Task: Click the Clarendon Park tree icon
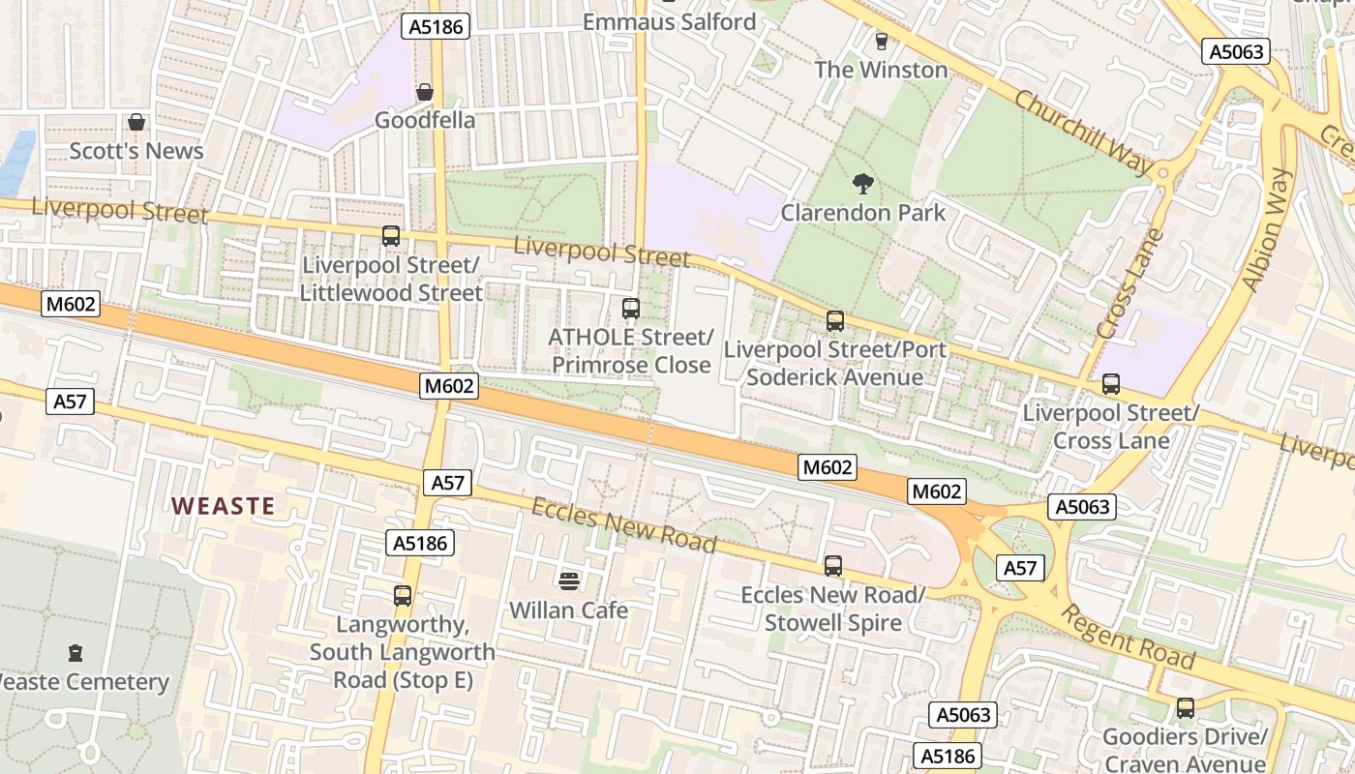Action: coord(862,183)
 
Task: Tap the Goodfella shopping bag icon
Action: coord(424,92)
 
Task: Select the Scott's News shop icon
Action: coord(136,122)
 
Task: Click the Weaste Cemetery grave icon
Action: coord(75,653)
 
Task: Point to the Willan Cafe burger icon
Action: coord(569,580)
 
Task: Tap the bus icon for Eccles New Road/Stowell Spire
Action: coord(833,566)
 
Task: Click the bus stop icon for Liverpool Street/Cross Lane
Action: coord(1110,384)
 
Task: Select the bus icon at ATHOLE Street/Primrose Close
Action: coord(631,309)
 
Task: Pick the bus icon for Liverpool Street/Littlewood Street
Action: coord(391,236)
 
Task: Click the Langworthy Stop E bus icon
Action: coord(403,596)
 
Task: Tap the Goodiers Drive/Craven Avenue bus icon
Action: coord(1185,708)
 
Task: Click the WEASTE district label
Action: coord(224,505)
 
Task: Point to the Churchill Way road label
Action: coord(1083,133)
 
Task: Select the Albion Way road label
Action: coord(1267,229)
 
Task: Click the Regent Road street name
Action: coord(1128,636)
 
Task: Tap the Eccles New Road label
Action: coord(624,525)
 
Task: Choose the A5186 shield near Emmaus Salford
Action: coord(436,26)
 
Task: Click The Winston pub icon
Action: coord(881,41)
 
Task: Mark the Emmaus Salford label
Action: coord(669,21)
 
